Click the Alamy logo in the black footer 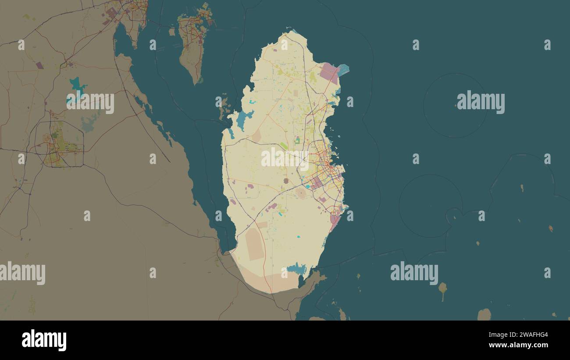point(44,340)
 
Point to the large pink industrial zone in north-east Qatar point(329,72)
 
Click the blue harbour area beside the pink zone point(343,70)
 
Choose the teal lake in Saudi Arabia point(78,85)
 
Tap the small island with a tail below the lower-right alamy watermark point(442,288)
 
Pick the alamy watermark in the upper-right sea point(481,103)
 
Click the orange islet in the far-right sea point(550,228)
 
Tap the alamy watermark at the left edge point(22,273)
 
